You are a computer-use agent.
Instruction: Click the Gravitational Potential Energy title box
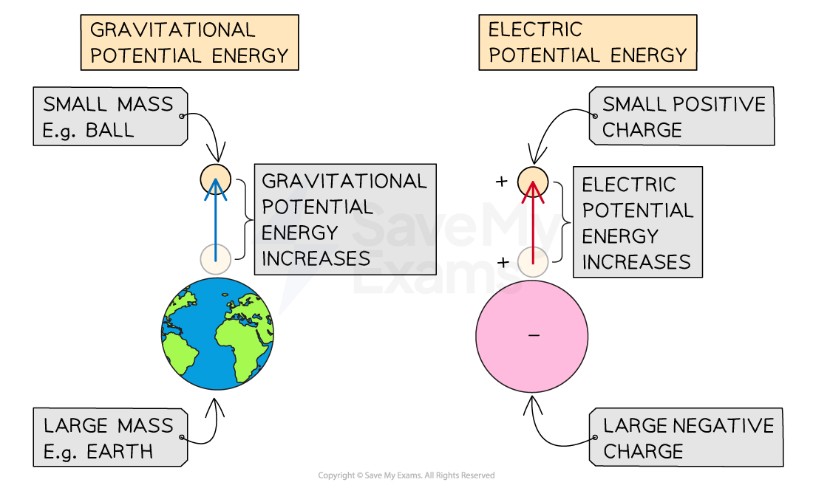pos(188,43)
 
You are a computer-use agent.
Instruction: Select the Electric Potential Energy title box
pos(588,43)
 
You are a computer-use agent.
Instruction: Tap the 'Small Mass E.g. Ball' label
pos(109,117)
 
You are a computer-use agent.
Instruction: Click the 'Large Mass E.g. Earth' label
pos(109,438)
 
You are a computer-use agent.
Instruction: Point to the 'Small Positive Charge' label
pos(682,117)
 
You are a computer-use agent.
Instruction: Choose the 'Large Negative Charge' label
pos(687,438)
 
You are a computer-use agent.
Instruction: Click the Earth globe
pos(217,334)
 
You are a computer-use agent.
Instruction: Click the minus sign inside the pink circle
pos(534,336)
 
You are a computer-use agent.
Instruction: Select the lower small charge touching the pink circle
pos(532,261)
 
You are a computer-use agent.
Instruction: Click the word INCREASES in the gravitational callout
pos(316,258)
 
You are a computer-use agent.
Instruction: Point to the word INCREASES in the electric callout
pos(636,262)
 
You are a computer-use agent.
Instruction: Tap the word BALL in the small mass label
pos(109,130)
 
